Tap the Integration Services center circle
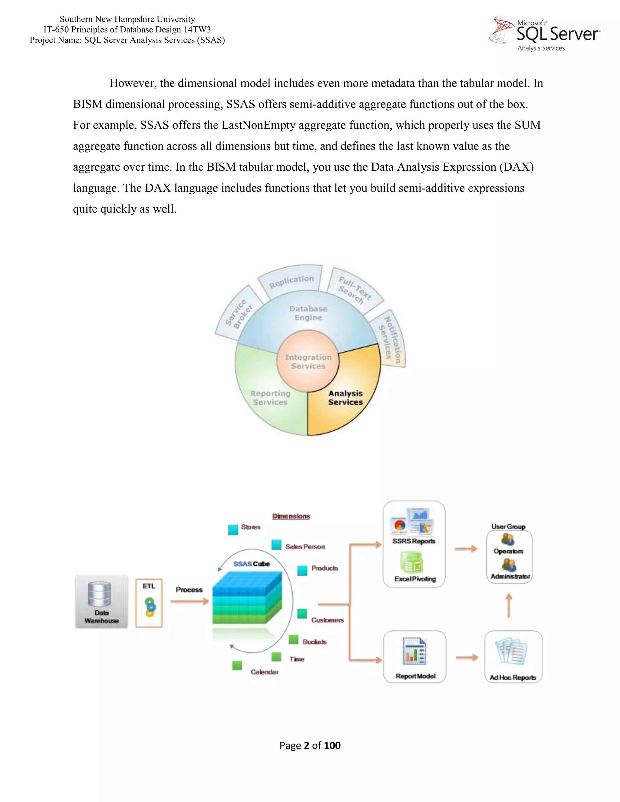pos(308,361)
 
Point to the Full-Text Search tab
pos(355,291)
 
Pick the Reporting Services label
pos(270,398)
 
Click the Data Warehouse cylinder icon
pos(100,594)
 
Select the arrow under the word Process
pos(190,601)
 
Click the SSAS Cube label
pos(252,564)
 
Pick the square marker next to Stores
pos(233,530)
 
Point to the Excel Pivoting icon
pos(411,563)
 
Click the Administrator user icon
pos(509,565)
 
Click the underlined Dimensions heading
pos(291,516)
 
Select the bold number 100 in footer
pos(332,745)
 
